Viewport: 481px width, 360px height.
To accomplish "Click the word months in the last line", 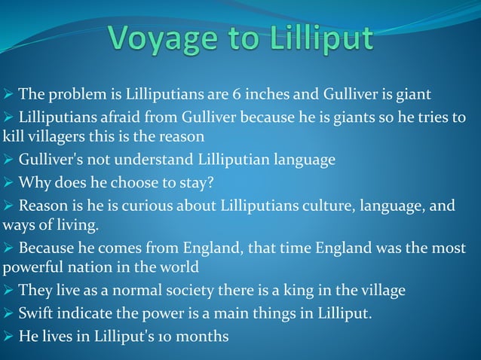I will (x=202, y=336).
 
